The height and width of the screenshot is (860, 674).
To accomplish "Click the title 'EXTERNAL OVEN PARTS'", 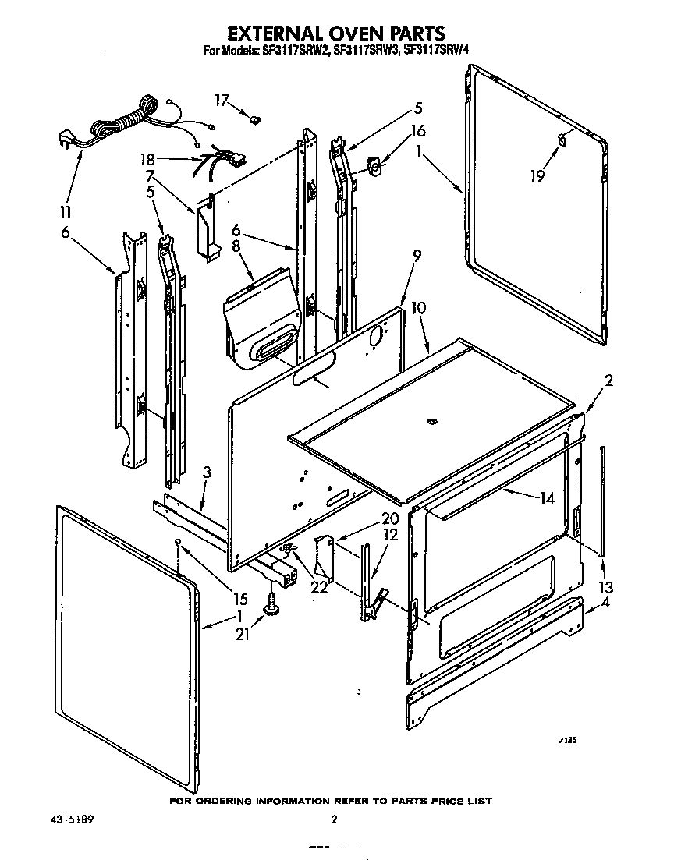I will pos(335,33).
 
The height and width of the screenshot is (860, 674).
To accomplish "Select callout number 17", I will pos(222,100).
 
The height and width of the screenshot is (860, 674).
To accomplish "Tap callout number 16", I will pos(418,130).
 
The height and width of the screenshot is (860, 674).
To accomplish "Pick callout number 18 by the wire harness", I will pos(148,160).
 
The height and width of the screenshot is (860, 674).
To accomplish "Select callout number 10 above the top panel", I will pos(418,308).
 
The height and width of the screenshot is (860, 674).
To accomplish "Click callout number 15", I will pos(239,599).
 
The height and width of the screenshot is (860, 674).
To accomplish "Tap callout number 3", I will pos(207,472).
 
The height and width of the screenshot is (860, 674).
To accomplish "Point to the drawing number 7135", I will pos(566,743).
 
